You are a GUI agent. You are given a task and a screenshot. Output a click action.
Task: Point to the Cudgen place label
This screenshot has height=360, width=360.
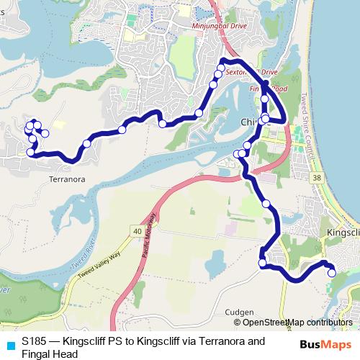239,312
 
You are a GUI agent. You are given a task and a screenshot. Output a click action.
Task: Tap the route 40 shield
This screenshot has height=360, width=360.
137,230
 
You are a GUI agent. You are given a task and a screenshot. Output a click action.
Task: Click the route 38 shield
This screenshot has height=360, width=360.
315,177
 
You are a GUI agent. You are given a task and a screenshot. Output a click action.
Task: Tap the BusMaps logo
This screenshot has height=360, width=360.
325,343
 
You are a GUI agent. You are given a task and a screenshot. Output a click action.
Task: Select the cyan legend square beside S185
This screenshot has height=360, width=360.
9,343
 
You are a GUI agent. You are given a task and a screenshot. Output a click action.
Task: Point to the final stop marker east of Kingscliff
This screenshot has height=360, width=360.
332,272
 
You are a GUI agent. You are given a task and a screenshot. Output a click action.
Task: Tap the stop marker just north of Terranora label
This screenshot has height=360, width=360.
31,153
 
